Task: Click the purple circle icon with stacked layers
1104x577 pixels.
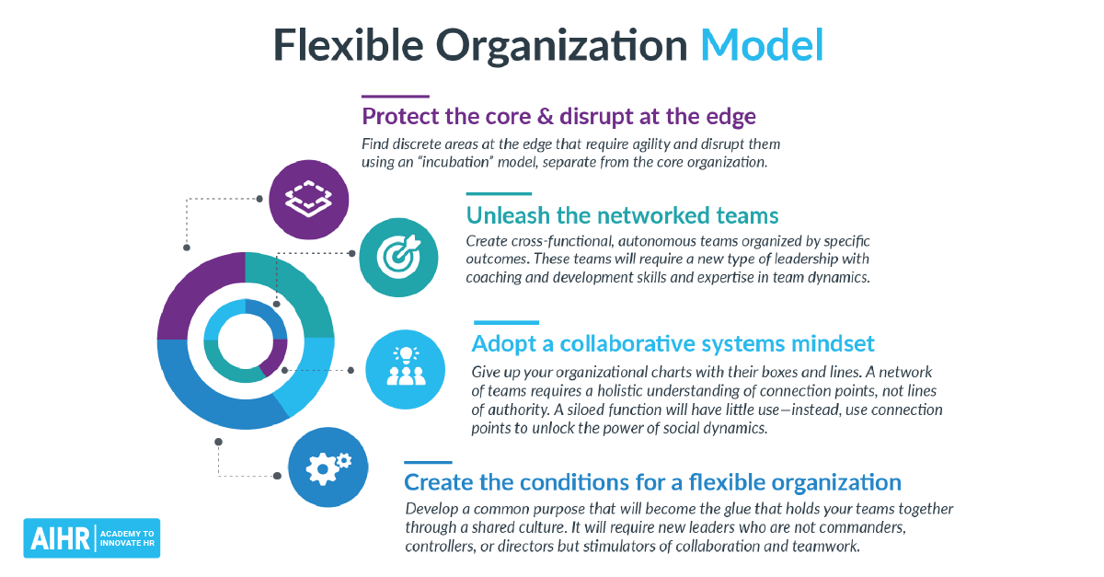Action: (308, 195)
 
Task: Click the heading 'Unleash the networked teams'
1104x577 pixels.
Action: (622, 215)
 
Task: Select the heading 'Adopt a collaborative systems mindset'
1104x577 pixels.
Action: (673, 343)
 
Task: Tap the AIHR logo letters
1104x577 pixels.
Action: (58, 538)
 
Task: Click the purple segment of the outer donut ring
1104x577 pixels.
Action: (195, 294)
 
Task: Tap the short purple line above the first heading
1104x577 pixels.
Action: (395, 96)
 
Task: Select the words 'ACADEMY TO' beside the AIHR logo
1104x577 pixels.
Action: (128, 533)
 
